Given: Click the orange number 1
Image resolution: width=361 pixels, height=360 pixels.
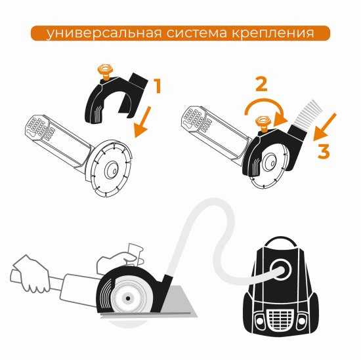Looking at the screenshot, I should [x=158, y=85].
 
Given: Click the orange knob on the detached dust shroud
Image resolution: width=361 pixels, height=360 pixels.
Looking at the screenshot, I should [x=102, y=71].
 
